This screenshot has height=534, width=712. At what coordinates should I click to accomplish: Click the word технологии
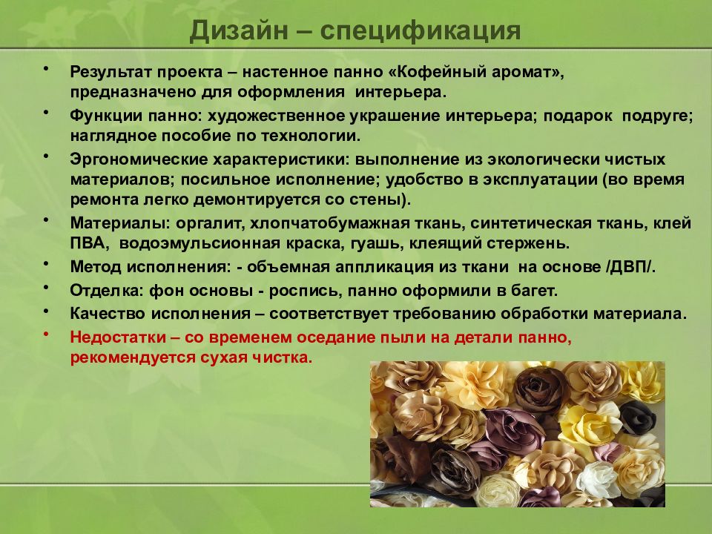(x=314, y=136)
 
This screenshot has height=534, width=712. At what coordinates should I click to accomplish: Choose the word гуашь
(x=389, y=243)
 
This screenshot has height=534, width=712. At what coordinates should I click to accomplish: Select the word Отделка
(x=99, y=290)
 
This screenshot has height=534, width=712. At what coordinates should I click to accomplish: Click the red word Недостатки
(x=116, y=337)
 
